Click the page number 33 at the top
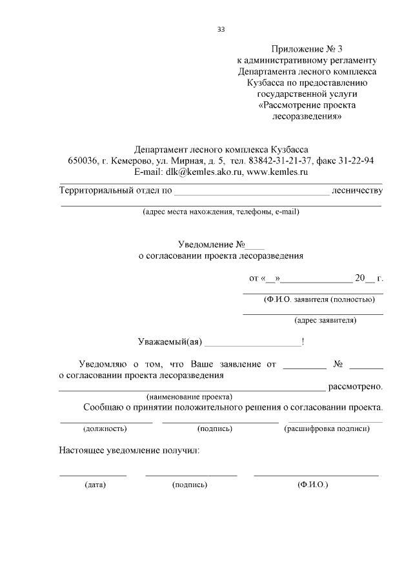(221, 29)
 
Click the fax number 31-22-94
(365, 161)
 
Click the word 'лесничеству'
(357, 190)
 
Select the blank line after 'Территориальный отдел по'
(252, 192)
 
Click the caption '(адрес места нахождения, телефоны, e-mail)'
(221, 211)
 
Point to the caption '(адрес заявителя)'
(325, 319)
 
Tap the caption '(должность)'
(105, 428)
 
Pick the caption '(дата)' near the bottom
(95, 483)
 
